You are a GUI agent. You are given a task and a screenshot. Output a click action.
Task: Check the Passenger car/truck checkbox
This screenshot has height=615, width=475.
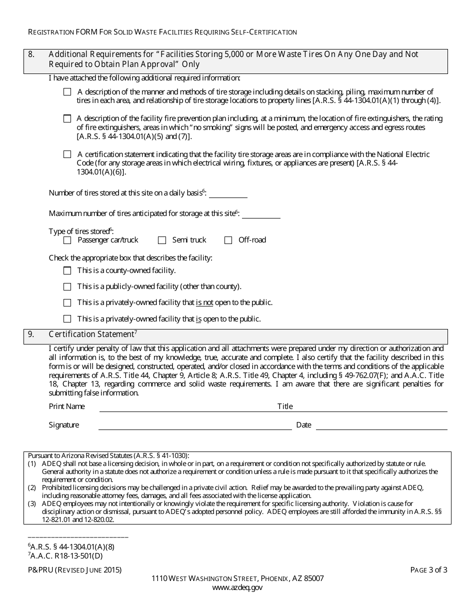tap(67, 240)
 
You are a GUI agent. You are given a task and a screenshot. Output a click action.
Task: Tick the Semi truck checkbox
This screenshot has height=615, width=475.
tap(162, 240)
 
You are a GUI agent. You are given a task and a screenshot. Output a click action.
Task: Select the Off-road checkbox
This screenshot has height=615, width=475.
tap(228, 240)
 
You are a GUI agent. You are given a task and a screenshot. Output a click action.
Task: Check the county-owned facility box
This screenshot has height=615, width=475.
tap(67, 271)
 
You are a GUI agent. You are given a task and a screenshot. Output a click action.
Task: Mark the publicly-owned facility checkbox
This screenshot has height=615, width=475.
tap(67, 287)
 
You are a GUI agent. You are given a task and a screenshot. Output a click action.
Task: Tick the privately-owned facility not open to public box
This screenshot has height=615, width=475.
tap(67, 303)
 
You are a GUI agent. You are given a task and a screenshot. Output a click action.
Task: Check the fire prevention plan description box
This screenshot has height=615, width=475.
tap(67, 119)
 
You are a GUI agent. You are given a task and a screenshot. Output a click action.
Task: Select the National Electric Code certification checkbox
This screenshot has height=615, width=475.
tap(67, 154)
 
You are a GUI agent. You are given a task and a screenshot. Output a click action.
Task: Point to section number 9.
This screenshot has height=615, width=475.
tap(31, 334)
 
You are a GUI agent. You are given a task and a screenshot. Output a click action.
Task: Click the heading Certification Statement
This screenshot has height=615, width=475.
tap(92, 334)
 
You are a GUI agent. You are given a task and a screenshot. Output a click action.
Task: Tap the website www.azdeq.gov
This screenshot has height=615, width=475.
tap(237, 587)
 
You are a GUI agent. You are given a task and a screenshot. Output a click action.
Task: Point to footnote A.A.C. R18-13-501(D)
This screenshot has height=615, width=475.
tap(67, 555)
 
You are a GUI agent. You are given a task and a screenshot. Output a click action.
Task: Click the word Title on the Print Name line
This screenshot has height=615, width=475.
tap(285, 406)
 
